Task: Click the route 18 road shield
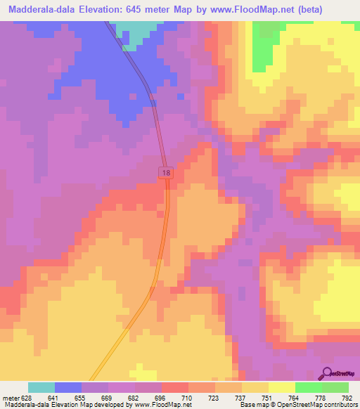[165, 172]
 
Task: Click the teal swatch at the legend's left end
[41, 387]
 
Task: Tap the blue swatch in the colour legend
[68, 387]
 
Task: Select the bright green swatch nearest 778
[309, 387]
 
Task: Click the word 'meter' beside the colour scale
[11, 397]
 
